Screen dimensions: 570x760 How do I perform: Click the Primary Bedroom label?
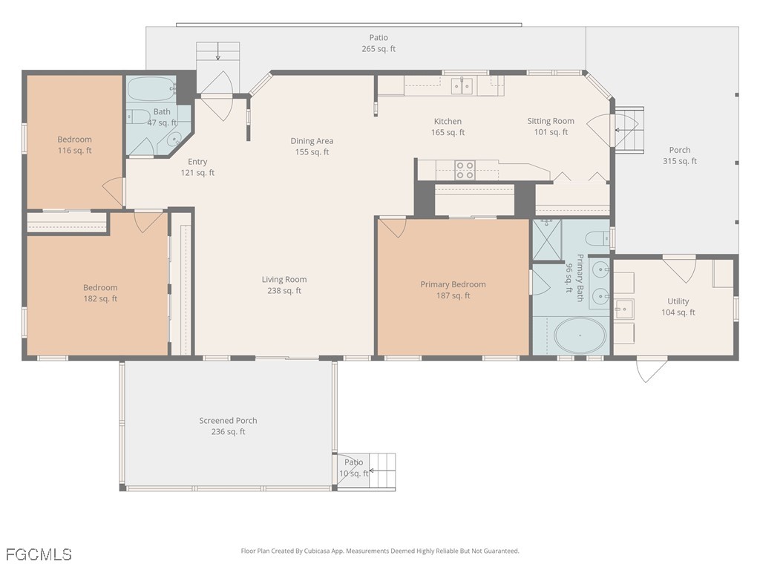click(x=453, y=290)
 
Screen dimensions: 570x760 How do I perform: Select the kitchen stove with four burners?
click(x=465, y=170)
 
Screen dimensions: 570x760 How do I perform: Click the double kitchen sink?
click(x=462, y=86)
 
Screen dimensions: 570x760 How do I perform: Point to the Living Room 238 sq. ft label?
click(x=284, y=285)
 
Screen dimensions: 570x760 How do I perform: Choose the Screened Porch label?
click(x=228, y=426)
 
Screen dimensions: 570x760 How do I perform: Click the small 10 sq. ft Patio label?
click(x=354, y=468)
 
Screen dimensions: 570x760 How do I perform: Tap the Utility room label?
click(x=678, y=307)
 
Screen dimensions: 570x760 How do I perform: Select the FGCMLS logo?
click(x=39, y=554)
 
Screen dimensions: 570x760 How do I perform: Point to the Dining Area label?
click(x=312, y=146)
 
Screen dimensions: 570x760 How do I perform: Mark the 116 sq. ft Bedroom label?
click(x=75, y=145)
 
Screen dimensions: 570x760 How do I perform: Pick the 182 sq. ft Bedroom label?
click(x=100, y=293)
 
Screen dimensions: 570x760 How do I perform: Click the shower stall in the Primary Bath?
click(x=547, y=240)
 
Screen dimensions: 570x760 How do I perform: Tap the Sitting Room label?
click(x=551, y=126)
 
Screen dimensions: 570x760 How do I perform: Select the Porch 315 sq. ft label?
click(x=679, y=155)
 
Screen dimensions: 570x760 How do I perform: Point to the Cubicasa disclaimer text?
click(x=380, y=551)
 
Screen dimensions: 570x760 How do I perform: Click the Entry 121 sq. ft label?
click(x=197, y=167)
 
